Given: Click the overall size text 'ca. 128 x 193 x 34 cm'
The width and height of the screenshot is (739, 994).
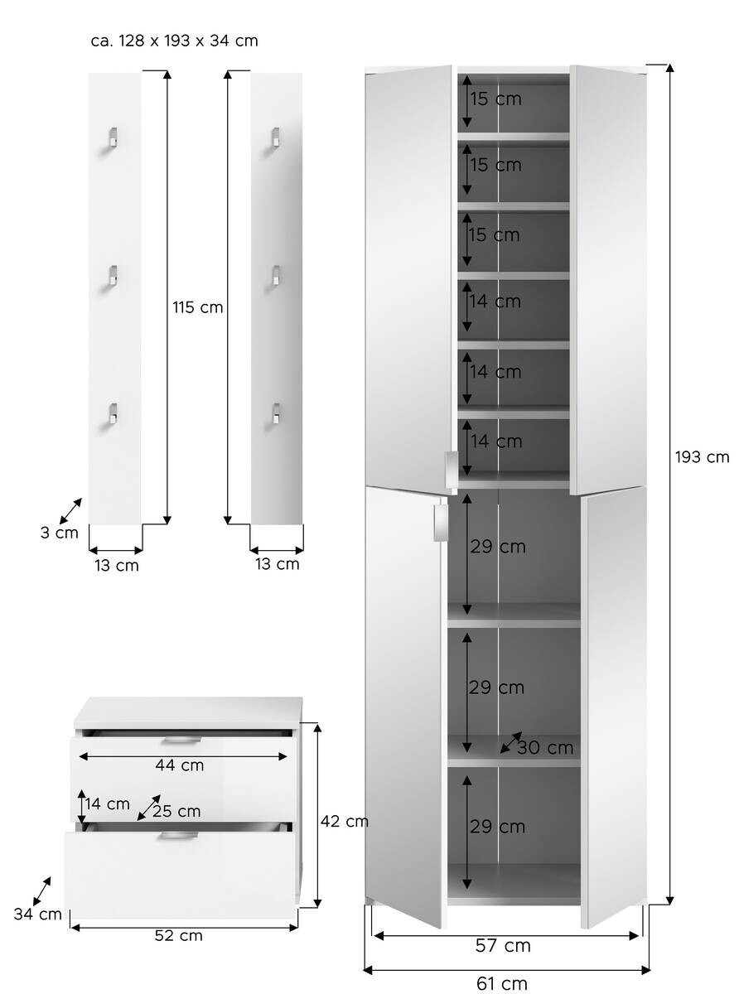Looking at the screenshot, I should [175, 41].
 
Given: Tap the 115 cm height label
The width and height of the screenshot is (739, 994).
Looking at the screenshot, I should [198, 307].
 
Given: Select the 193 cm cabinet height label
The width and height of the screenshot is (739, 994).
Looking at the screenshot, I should [702, 456].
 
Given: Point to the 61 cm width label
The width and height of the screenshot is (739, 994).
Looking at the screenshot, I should [502, 983].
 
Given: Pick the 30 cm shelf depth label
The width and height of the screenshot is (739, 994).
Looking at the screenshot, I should [545, 748].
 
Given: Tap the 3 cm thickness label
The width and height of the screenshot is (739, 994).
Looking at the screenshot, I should [60, 533].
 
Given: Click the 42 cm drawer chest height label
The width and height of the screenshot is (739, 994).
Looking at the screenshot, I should [345, 822].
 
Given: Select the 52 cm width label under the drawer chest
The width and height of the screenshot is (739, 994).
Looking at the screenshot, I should [179, 936].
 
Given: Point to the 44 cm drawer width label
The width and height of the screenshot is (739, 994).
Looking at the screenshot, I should [180, 765].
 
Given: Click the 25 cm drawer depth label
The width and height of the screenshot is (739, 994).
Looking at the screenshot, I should [176, 811].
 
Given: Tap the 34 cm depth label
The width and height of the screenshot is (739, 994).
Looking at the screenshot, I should [38, 914].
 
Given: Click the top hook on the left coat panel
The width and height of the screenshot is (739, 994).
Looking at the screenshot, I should [113, 138].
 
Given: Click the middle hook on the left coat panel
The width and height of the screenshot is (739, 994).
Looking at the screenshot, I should [113, 276].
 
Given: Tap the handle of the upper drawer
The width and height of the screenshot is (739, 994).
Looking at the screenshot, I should [181, 740].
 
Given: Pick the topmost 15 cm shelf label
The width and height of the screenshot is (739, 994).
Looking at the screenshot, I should [495, 99].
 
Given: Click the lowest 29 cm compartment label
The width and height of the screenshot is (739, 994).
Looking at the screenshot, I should [497, 827].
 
